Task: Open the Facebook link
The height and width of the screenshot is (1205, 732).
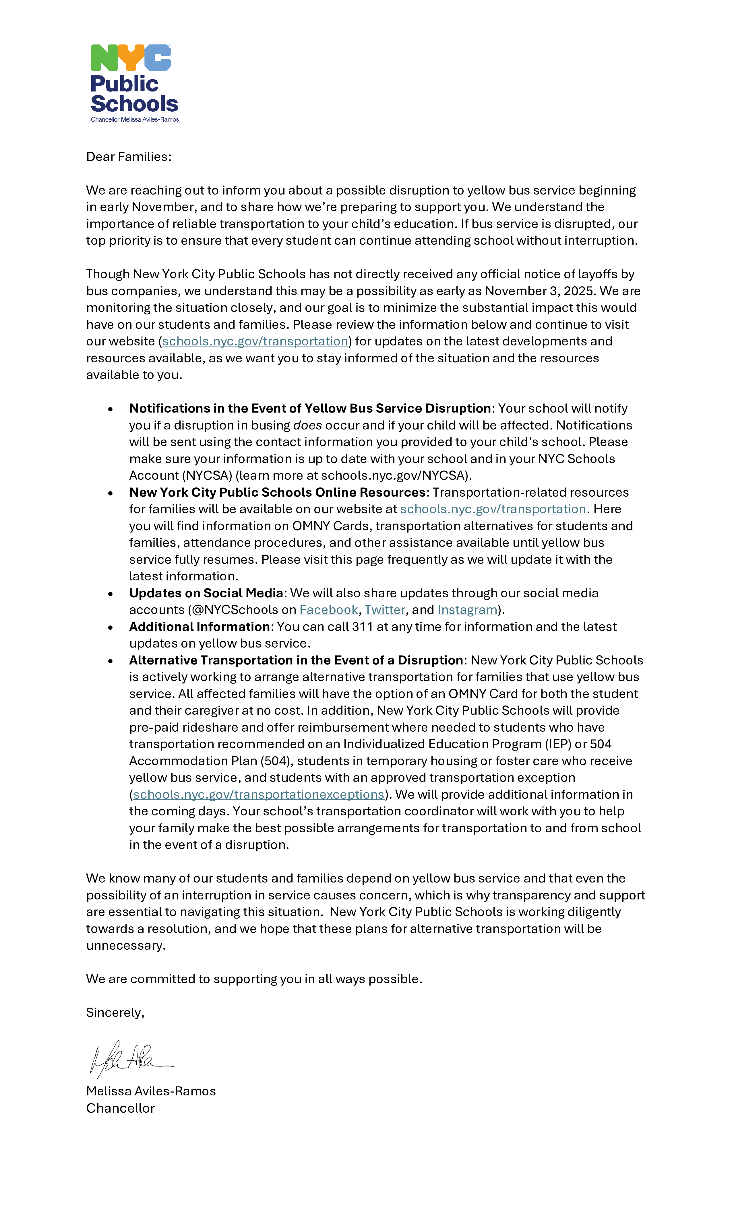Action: click(328, 610)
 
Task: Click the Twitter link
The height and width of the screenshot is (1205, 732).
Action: click(385, 610)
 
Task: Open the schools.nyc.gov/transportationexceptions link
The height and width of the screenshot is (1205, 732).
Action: click(258, 795)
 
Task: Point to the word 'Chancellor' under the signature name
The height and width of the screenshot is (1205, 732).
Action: click(120, 1108)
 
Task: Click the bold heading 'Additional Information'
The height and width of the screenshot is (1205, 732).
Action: click(200, 627)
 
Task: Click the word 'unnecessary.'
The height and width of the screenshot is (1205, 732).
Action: click(126, 946)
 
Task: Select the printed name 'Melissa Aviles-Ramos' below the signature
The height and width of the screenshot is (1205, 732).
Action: click(151, 1092)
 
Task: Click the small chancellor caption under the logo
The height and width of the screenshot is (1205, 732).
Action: click(135, 119)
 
